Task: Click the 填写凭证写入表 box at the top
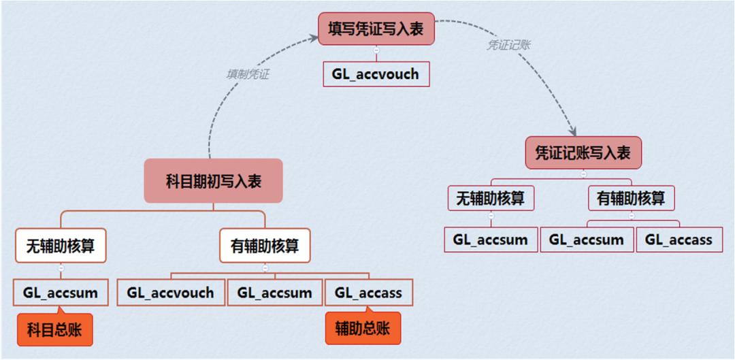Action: click(376, 29)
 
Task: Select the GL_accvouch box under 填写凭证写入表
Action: click(376, 74)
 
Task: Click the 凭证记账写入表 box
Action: click(583, 152)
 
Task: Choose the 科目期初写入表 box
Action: click(213, 181)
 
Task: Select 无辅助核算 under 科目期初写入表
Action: click(61, 245)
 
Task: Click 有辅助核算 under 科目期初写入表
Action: click(265, 245)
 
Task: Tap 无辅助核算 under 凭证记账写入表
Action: click(491, 198)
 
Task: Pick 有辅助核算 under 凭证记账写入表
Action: click(631, 198)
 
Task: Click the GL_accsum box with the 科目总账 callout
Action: click(61, 293)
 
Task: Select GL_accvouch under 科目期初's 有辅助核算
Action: click(170, 293)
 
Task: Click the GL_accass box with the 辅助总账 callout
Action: click(368, 293)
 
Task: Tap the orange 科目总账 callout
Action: click(55, 330)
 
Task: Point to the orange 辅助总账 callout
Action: click(363, 329)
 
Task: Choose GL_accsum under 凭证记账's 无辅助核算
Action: click(491, 240)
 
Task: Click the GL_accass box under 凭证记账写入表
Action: click(678, 240)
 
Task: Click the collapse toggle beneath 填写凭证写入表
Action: click(376, 50)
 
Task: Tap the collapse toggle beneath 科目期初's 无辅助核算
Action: click(61, 268)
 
